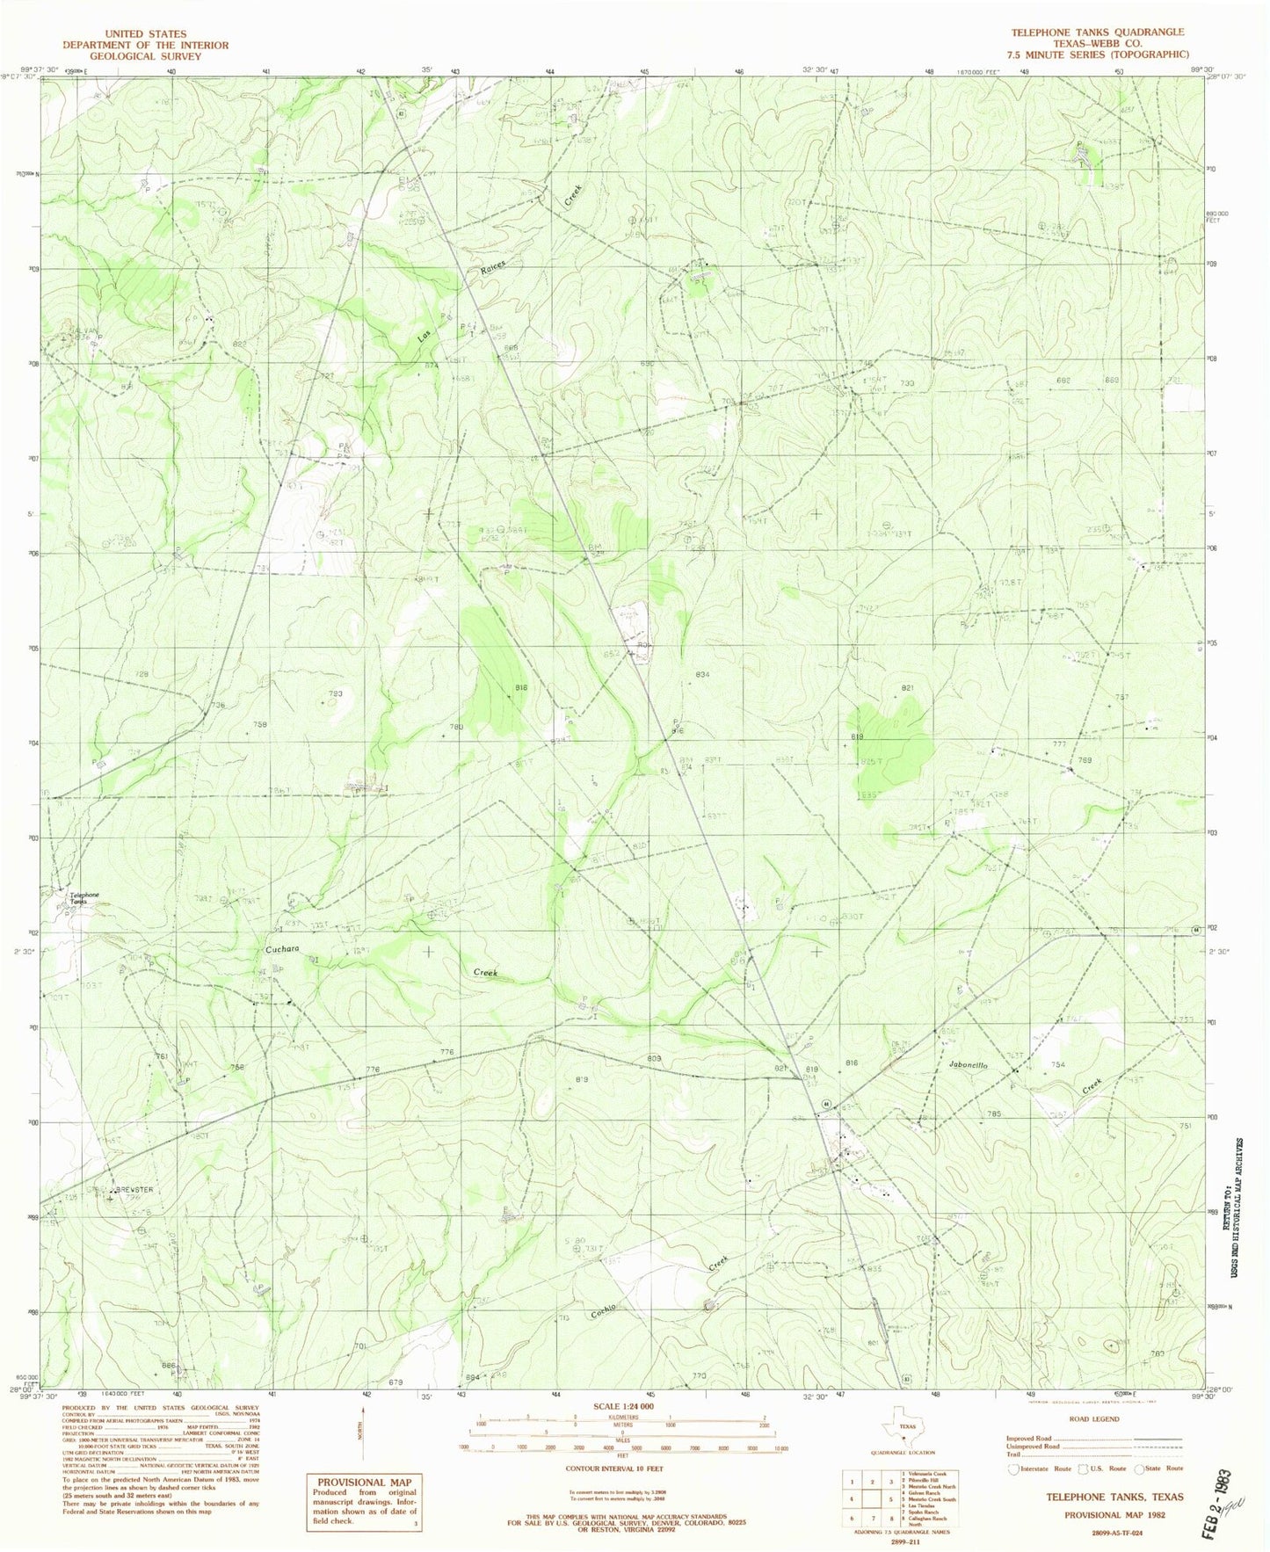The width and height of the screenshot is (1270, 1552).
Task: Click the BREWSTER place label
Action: [x=132, y=1190]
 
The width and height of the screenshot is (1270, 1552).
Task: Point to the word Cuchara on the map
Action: [x=283, y=950]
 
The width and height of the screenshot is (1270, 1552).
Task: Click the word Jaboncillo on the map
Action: [x=969, y=1064]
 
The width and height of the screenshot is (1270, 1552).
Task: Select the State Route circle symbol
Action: [x=1140, y=1468]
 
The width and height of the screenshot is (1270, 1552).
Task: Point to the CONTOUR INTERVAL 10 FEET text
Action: [x=624, y=1469]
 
